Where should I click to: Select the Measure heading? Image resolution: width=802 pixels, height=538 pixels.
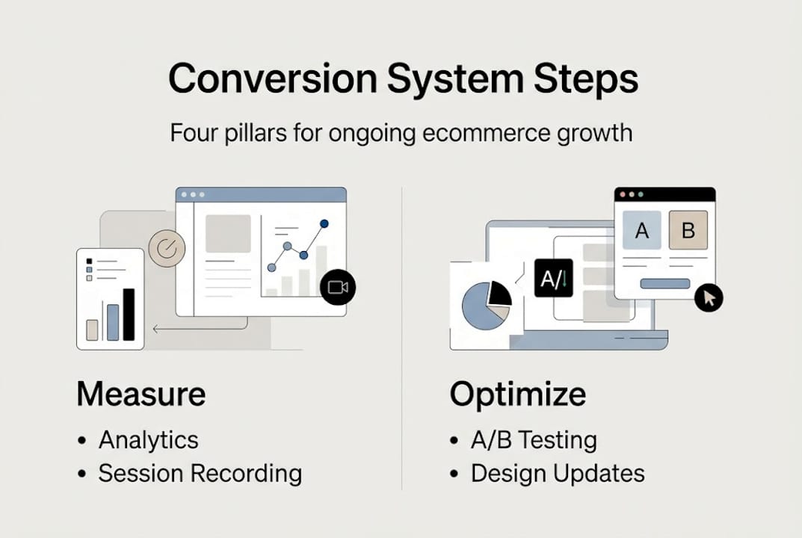pyautogui.click(x=141, y=395)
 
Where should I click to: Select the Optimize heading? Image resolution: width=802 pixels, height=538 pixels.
pyautogui.click(x=517, y=395)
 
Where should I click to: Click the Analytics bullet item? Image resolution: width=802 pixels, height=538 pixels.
pyautogui.click(x=148, y=439)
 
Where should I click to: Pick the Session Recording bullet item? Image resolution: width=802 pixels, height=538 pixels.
pyautogui.click(x=200, y=473)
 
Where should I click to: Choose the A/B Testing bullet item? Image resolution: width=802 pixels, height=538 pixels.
pyautogui.click(x=533, y=439)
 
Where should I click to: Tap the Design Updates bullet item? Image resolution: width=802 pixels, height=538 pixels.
pyautogui.click(x=557, y=473)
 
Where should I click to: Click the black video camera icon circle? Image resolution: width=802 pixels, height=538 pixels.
pyautogui.click(x=338, y=287)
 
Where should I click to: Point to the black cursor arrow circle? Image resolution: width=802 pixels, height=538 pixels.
pyautogui.click(x=709, y=298)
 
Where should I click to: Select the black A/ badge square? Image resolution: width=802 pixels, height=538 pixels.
pyautogui.click(x=553, y=278)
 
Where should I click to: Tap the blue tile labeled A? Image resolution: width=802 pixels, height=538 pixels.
pyautogui.click(x=641, y=229)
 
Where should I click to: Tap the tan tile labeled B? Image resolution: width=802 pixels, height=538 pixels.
pyautogui.click(x=688, y=229)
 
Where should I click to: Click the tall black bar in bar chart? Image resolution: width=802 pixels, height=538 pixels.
pyautogui.click(x=129, y=314)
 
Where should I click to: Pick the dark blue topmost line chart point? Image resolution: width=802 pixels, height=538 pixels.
pyautogui.click(x=324, y=223)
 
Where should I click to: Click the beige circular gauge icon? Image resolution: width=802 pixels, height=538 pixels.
pyautogui.click(x=167, y=249)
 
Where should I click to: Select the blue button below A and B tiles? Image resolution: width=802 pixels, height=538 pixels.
pyautogui.click(x=665, y=283)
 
